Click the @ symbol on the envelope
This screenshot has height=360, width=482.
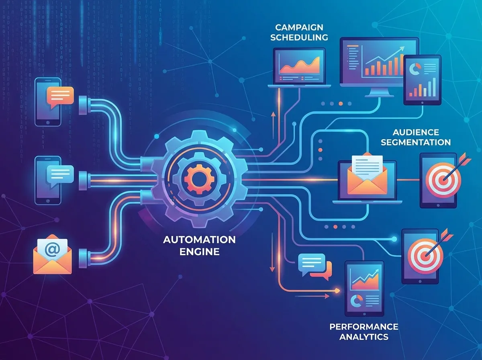click(51, 249)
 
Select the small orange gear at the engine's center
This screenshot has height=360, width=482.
click(196, 177)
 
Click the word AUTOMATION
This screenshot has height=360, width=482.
click(199, 240)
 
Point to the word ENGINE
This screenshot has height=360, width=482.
click(199, 252)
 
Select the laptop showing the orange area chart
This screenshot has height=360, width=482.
click(300, 67)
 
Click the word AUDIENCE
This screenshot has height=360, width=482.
click(415, 132)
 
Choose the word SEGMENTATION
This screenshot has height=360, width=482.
click(415, 142)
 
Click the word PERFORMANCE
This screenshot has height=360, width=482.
click(364, 326)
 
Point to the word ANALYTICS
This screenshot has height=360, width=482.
click(364, 337)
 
